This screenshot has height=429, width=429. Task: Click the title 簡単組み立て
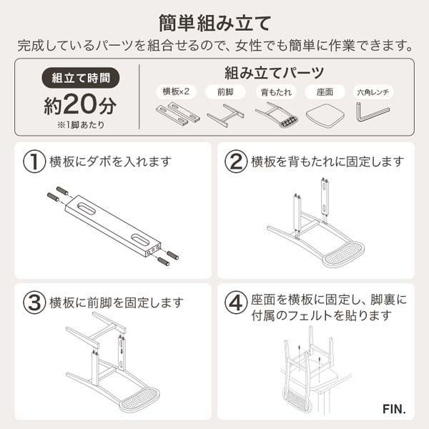coord(214,21)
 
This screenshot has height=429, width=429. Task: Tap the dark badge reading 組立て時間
coord(80,78)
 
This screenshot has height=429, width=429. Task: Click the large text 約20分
coord(79,105)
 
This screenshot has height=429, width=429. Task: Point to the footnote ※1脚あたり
coord(79,126)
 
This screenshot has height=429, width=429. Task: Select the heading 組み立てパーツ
coord(274,72)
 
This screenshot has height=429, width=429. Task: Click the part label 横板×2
coord(176,92)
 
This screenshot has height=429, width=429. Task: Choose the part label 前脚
coord(225,92)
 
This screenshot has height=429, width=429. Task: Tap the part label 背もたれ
coord(275,92)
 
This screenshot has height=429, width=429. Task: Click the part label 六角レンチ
coord(373,92)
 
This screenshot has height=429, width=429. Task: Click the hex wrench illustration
coord(373,113)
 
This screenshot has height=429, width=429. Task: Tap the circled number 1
coord(34,161)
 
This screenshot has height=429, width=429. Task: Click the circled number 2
coord(236,161)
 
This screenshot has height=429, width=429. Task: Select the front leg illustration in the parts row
coord(225,114)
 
